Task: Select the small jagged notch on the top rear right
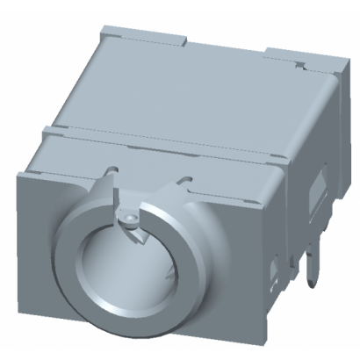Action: (x=301, y=62)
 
